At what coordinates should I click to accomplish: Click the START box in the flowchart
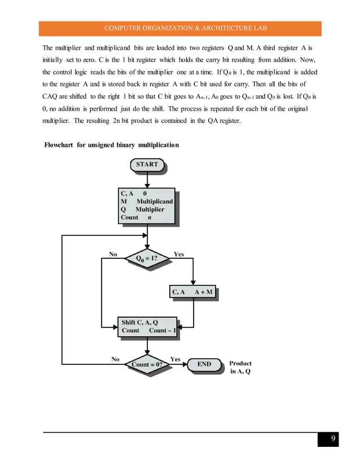148,165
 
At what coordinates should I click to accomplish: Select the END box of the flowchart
204,364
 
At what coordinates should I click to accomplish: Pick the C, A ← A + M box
193,292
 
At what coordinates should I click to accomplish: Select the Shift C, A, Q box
148,327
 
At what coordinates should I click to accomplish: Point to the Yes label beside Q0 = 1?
178,254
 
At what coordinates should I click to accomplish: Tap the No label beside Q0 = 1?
113,254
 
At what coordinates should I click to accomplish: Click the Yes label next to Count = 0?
175,359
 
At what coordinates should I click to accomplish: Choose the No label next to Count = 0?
115,359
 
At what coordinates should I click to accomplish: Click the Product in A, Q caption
240,368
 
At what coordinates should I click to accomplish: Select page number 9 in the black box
333,439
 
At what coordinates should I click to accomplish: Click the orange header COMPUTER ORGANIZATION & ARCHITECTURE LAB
180,28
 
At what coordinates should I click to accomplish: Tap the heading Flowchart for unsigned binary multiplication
112,146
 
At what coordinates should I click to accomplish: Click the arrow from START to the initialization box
147,179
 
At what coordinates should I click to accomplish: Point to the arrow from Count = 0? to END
178,365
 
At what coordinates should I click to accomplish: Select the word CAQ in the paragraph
52,96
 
